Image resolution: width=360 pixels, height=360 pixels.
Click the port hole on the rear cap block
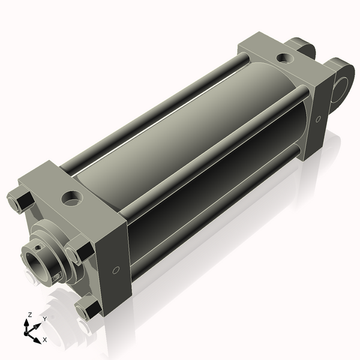click(x=283, y=59)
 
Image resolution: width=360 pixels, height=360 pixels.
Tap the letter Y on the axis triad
click(x=44, y=319)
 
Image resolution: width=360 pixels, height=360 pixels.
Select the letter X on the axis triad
click(x=44, y=340)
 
